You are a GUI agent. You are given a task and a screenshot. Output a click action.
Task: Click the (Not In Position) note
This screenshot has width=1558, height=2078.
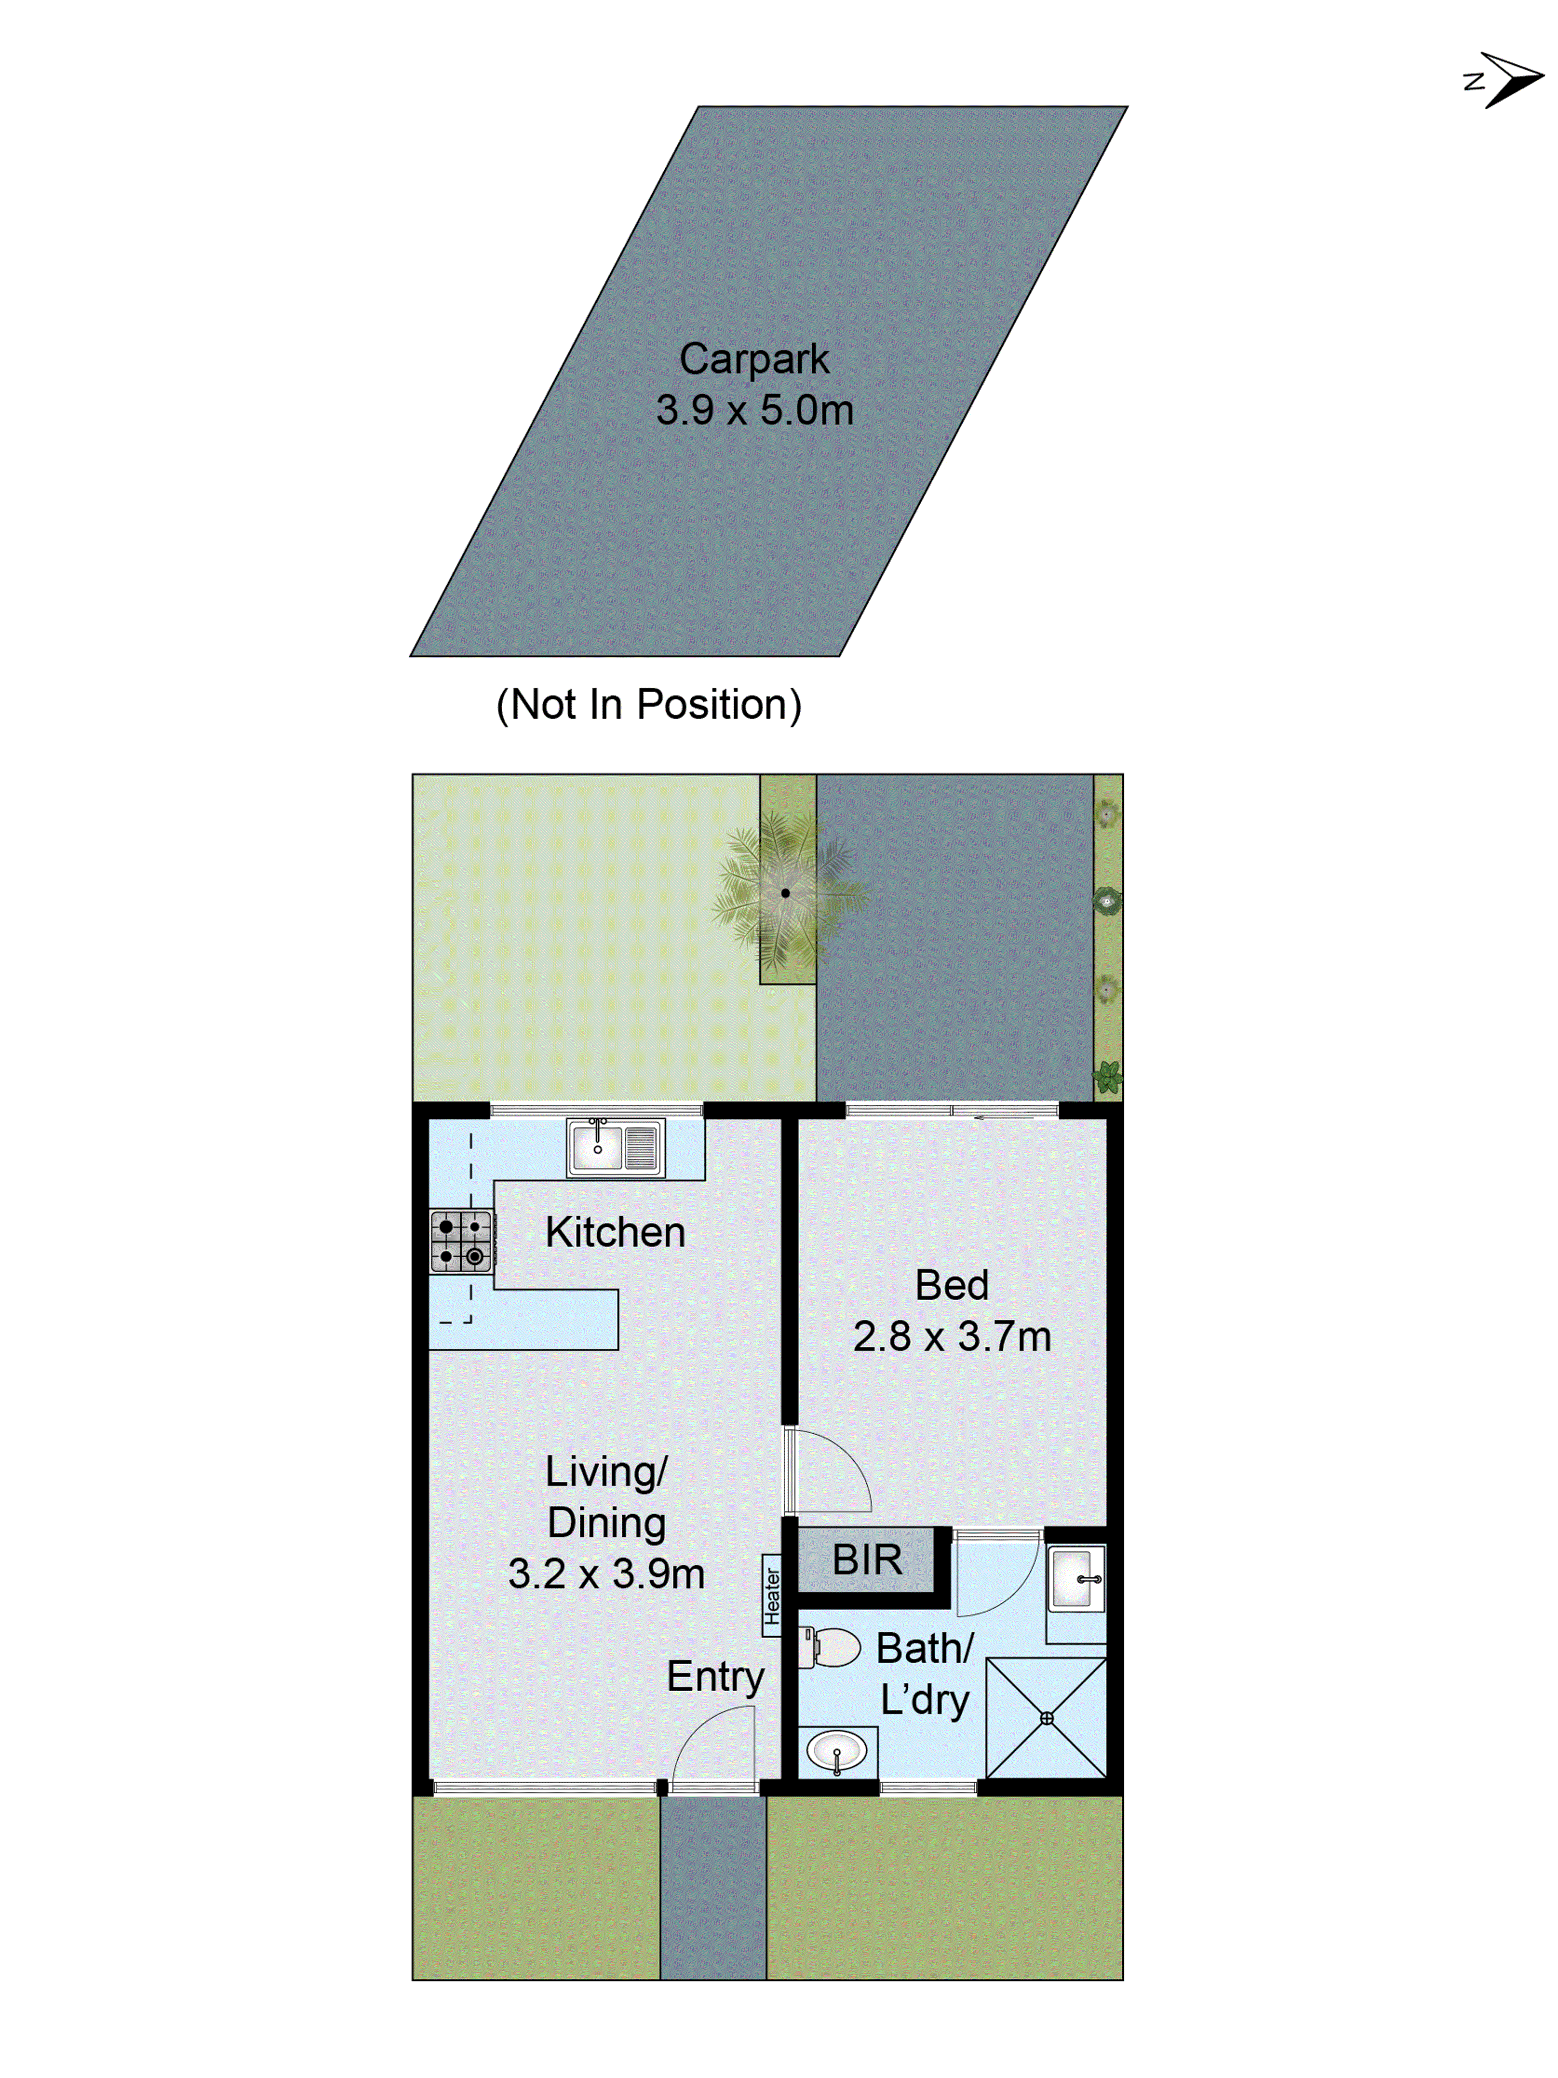[648, 705]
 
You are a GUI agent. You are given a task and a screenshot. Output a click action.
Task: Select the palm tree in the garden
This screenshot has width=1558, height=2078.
[786, 893]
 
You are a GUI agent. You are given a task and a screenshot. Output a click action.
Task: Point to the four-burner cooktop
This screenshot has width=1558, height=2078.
[461, 1241]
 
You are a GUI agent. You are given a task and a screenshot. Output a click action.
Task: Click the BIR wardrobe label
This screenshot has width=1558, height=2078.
[866, 1559]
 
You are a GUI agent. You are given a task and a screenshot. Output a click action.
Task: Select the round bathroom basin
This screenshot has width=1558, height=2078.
[836, 1751]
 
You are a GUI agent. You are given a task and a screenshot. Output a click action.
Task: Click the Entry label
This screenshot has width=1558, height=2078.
[715, 1677]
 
